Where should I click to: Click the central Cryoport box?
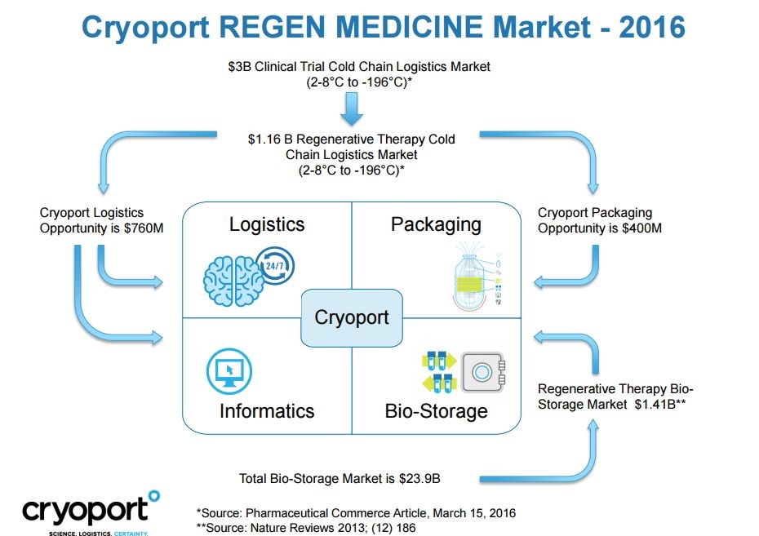pyautogui.click(x=352, y=318)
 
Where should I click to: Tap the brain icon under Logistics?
pyautogui.click(x=233, y=281)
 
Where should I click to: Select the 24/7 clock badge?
pyautogui.click(x=275, y=266)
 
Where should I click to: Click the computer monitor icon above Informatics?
pyautogui.click(x=229, y=371)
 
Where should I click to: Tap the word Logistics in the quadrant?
pyautogui.click(x=267, y=224)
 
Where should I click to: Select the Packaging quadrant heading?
pyautogui.click(x=436, y=225)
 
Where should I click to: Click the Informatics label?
pyautogui.click(x=267, y=411)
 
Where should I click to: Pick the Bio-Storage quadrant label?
pyautogui.click(x=436, y=412)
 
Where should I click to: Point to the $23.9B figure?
pyautogui.click(x=419, y=479)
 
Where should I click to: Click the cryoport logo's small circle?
pyautogui.click(x=154, y=495)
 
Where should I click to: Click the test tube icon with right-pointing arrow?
pyautogui.click(x=440, y=361)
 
